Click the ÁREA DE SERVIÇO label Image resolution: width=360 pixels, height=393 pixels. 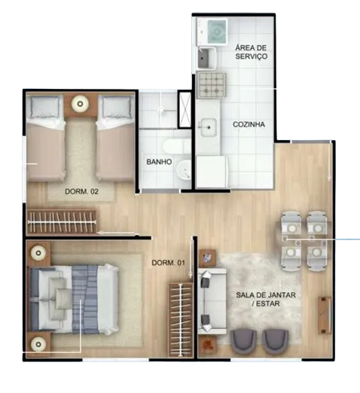pos(251,52)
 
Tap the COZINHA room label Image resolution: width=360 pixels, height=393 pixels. pos(249,124)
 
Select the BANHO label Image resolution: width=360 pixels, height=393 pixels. pos(159,162)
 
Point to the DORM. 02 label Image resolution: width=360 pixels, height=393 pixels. pos(81,191)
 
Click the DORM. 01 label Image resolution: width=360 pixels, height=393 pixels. pos(169,263)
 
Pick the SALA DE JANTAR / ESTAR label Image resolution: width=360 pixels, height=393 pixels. pos(266,299)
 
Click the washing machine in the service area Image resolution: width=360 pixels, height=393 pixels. pos(216,32)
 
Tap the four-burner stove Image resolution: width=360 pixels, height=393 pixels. pos(212,85)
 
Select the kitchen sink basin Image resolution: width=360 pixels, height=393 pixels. pos(209,127)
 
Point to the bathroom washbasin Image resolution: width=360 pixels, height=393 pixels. pos(184,170)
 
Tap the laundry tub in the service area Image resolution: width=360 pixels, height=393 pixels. pos(206,58)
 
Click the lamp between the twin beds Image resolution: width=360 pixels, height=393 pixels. pos(80,103)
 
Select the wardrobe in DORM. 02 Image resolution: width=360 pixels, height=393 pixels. pos(62,222)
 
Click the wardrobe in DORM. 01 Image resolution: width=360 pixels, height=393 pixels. pos(181,320)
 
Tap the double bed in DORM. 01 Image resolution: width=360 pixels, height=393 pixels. pos(74,300)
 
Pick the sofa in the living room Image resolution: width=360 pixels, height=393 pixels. pos(212,301)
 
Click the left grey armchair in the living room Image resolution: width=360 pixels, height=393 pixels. pos(243,342)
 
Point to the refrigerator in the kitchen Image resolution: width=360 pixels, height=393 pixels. pos(212,172)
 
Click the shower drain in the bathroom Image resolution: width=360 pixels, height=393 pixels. pos(161,110)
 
